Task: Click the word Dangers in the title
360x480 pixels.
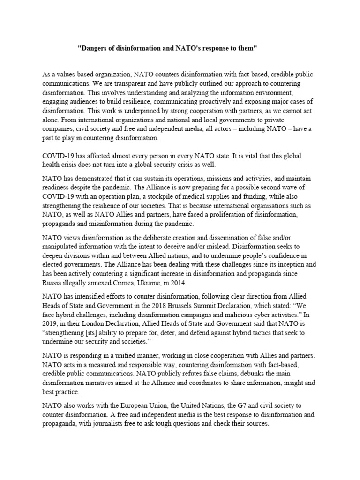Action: [94, 48]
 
